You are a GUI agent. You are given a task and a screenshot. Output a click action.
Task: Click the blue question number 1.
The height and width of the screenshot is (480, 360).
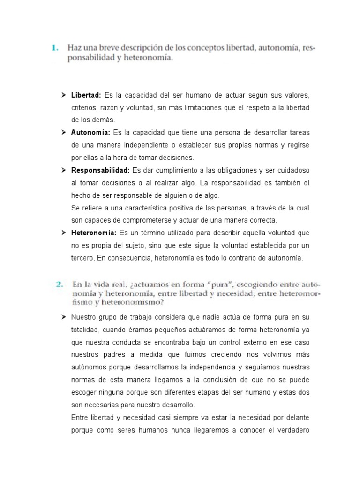coord(54,48)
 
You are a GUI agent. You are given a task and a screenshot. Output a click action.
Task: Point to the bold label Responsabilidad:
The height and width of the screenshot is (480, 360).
coord(100,169)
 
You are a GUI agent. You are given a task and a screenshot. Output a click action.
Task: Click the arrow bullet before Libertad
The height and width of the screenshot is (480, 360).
coord(63,96)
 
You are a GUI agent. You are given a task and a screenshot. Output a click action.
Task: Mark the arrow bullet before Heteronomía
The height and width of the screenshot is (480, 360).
coord(63,232)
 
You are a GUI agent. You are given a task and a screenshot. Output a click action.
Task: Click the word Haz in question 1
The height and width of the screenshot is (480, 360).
coord(75,48)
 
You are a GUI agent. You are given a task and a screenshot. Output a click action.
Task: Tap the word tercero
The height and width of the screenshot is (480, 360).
coord(82,257)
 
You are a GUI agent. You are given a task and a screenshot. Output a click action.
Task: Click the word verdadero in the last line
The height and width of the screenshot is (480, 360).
coord(292,430)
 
